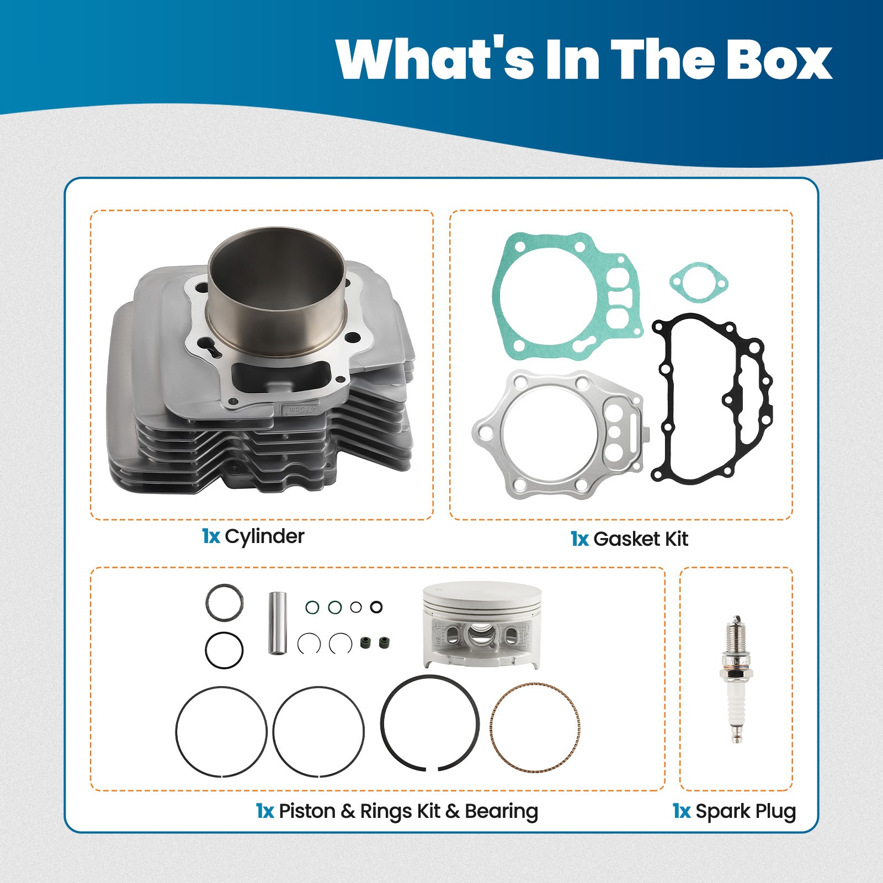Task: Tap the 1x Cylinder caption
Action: [253, 536]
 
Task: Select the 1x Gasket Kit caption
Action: [629, 539]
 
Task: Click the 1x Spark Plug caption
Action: [734, 811]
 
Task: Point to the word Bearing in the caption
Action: [501, 811]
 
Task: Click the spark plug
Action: [736, 679]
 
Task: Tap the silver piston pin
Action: [278, 623]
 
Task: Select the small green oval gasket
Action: [699, 283]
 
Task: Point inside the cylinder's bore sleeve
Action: [276, 287]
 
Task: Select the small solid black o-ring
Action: [376, 607]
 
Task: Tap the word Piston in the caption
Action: [307, 811]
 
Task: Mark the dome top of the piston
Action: [481, 593]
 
